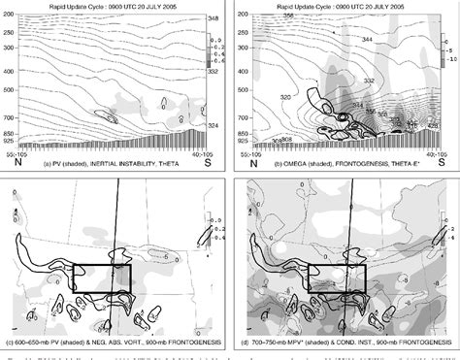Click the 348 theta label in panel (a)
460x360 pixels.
(214, 19)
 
